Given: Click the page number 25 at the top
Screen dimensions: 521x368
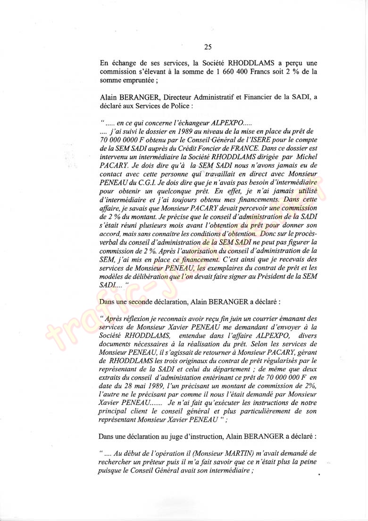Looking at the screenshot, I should (x=208, y=46).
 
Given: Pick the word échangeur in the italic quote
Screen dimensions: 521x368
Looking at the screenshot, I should (x=180, y=122).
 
